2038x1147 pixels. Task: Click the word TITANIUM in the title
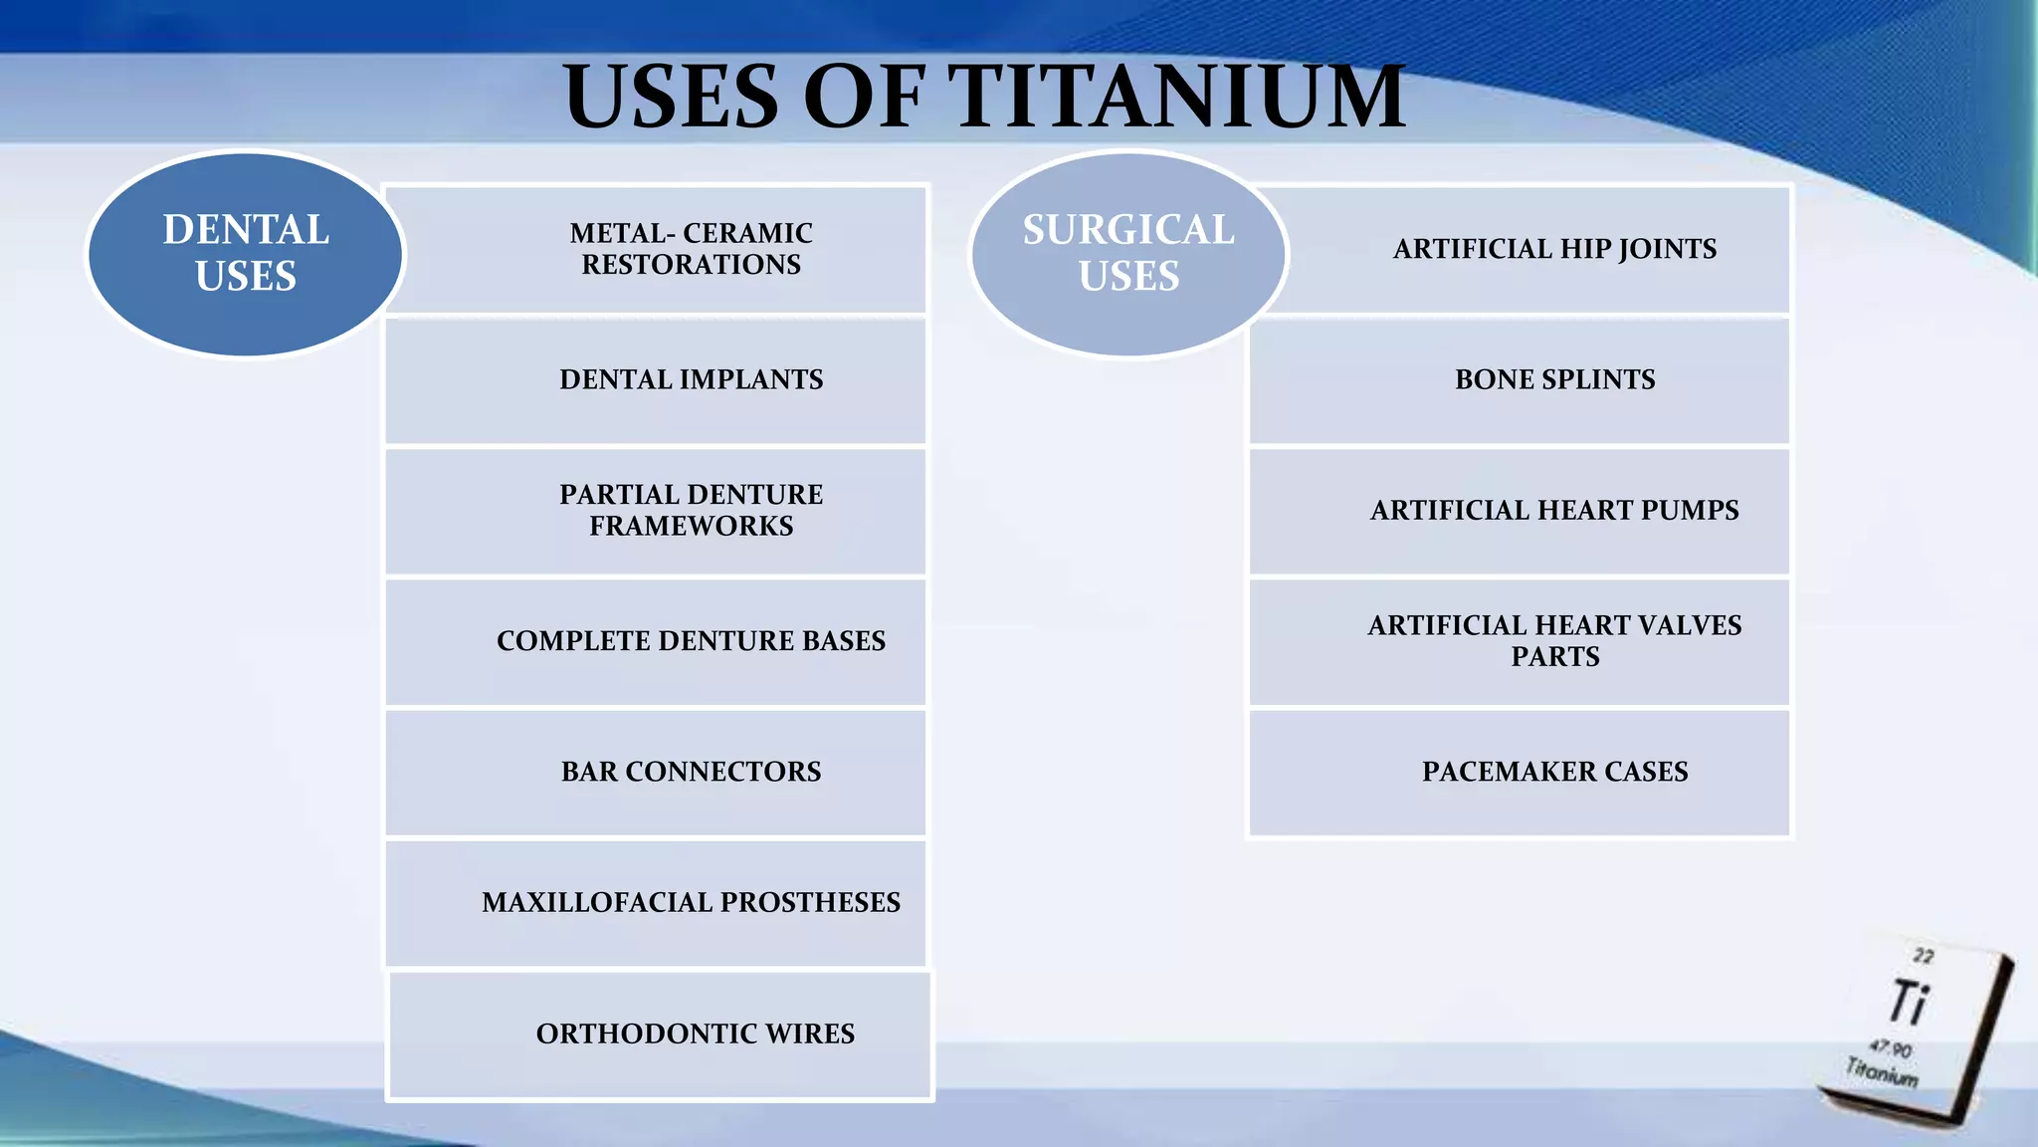pos(1181,97)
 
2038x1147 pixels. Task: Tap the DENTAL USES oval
pos(246,253)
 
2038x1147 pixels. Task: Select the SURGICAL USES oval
pos(1128,253)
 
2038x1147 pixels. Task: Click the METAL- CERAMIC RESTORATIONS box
pos(691,249)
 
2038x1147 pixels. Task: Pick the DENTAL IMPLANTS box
pos(691,379)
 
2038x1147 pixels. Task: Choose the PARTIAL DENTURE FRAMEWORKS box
pos(691,510)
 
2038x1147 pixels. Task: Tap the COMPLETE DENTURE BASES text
pos(691,640)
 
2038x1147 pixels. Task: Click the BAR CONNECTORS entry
pos(691,772)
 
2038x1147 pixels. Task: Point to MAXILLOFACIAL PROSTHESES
pos(691,902)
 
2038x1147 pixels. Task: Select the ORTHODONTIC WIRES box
pos(695,1033)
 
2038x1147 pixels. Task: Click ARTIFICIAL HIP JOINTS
pos(1554,249)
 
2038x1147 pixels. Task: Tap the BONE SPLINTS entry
pos(1554,379)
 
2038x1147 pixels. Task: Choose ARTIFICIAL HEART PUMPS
pos(1554,510)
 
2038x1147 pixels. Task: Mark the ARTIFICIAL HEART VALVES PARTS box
pos(1554,640)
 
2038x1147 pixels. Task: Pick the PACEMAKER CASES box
pos(1554,772)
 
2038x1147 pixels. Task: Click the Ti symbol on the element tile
pos(1909,1002)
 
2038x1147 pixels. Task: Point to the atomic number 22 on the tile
pos(1923,956)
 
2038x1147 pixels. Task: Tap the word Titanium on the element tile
pos(1881,1071)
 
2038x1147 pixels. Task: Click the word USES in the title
pos(671,97)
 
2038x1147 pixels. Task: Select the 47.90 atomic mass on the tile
pos(1890,1048)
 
